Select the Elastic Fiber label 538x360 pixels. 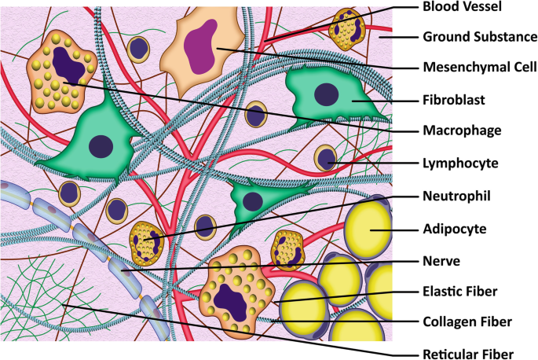click(x=459, y=290)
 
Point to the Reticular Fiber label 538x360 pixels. click(x=467, y=351)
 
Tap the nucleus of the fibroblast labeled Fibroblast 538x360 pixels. click(x=326, y=94)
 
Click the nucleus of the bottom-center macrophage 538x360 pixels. click(x=232, y=299)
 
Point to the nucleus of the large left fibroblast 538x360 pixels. click(x=101, y=145)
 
